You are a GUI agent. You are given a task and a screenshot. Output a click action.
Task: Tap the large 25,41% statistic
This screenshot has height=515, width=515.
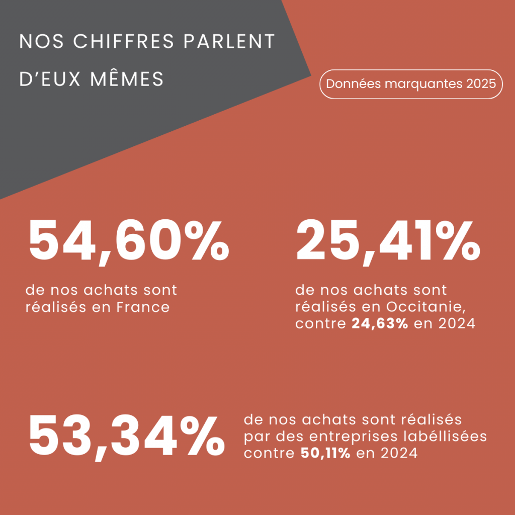[x=387, y=243]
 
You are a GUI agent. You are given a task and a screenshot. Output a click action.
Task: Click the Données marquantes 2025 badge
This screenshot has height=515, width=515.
[x=411, y=83]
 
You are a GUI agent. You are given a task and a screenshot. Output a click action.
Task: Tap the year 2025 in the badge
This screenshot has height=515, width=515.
[x=481, y=83]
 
